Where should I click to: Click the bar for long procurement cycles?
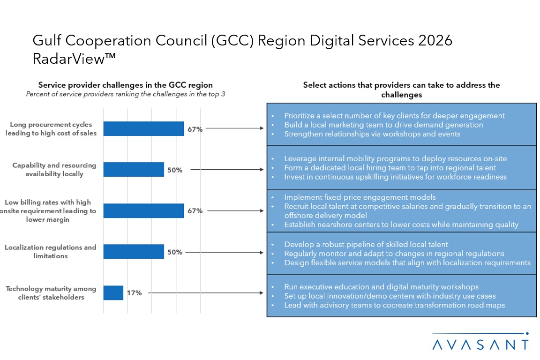143,129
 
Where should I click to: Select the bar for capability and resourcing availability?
134,170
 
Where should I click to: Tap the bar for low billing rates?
143,210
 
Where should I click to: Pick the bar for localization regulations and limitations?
134,252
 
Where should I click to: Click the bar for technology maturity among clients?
113,293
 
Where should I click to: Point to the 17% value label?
134,293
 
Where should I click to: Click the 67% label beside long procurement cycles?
195,129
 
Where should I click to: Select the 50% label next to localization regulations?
175,252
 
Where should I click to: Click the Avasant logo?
480,342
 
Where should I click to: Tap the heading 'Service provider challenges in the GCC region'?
125,85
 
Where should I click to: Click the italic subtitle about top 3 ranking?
125,94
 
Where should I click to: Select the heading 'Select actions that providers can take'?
401,90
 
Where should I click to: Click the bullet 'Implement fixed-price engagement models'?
360,197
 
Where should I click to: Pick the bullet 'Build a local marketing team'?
383,125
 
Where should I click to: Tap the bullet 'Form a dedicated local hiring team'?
390,167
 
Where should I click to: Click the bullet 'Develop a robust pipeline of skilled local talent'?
366,244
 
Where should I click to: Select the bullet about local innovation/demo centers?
390,296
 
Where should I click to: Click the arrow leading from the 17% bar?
206,293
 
